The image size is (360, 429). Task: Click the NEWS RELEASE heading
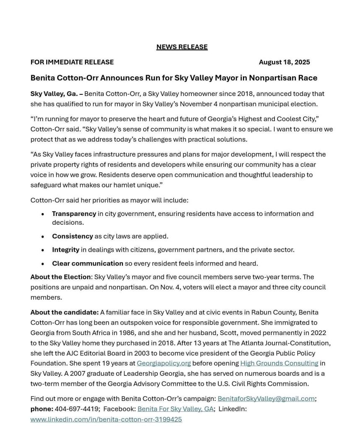tap(182, 47)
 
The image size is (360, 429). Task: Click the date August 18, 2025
tap(284, 62)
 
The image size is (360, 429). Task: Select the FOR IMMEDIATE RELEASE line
tap(72, 62)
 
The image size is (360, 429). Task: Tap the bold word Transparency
tap(74, 214)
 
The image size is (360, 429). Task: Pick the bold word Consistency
tap(72, 237)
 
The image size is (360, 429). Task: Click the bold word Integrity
tap(65, 250)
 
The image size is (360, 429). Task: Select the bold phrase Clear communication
tap(87, 264)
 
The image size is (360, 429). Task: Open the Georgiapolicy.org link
tap(164, 364)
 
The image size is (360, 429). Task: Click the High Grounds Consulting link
tap(279, 364)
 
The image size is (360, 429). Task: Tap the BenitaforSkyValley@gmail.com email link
tap(266, 399)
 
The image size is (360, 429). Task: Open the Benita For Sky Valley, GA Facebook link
tap(175, 409)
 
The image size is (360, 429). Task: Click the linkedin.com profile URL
tap(106, 419)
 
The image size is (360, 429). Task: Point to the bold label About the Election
tap(60, 277)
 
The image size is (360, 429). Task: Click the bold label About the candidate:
tap(64, 312)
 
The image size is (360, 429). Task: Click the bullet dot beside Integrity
tap(43, 250)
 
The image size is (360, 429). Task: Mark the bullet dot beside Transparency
tap(43, 214)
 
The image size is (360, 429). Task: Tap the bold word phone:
tap(42, 409)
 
